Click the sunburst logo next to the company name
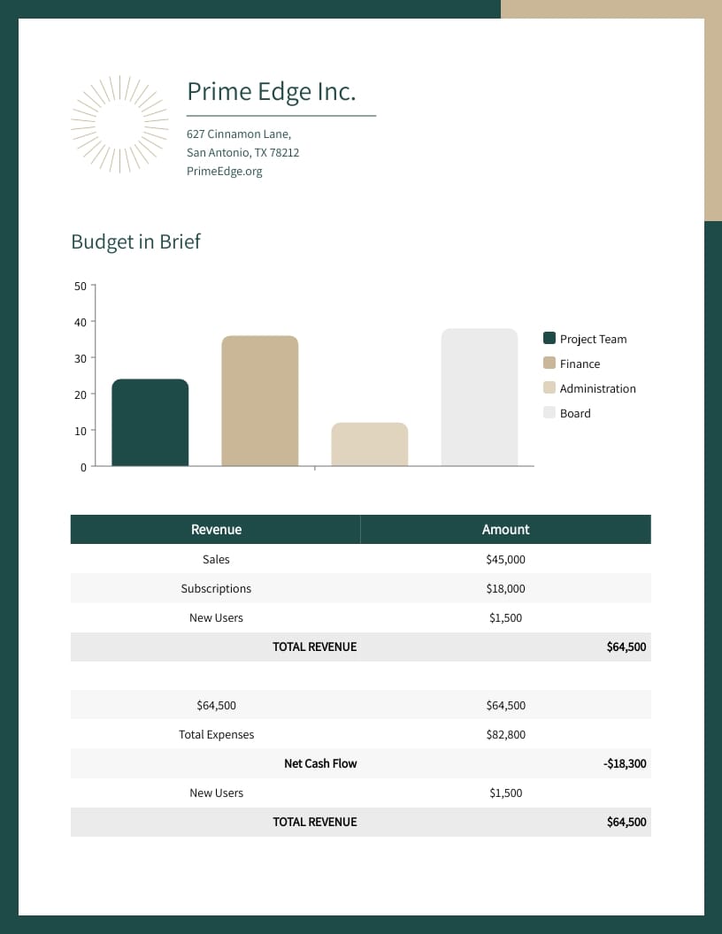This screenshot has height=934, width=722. click(x=119, y=123)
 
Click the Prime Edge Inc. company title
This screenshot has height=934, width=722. click(x=271, y=91)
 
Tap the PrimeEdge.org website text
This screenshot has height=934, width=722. click(x=224, y=172)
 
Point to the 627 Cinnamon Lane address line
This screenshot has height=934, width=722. click(x=238, y=134)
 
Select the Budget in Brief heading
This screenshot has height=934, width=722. click(x=135, y=241)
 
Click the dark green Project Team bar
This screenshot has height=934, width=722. click(x=150, y=423)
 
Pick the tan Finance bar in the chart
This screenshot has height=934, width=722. click(x=259, y=401)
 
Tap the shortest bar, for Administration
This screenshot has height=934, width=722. click(x=369, y=444)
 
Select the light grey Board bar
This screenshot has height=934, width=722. click(x=479, y=397)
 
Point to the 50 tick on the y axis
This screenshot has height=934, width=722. click(x=81, y=286)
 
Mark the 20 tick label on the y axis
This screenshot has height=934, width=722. click(x=81, y=394)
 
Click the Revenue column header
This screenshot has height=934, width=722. click(x=216, y=530)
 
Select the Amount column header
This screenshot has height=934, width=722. click(x=505, y=530)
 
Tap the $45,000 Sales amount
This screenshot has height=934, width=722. click(x=505, y=560)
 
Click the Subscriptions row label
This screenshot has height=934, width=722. click(x=216, y=589)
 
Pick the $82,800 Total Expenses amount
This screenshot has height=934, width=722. click(x=505, y=735)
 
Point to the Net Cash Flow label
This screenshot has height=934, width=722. click(x=320, y=764)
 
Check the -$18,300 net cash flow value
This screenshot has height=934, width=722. click(x=625, y=764)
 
